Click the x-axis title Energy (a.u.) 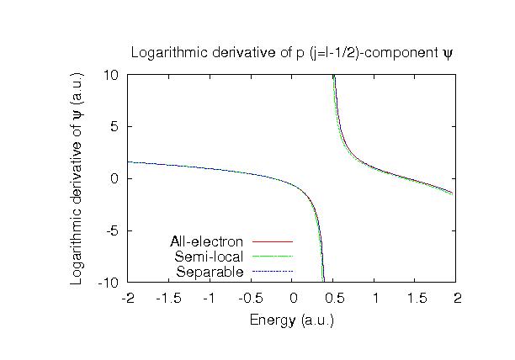(x=292, y=320)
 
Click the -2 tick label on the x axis (x=128, y=298)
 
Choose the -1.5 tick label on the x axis (x=169, y=298)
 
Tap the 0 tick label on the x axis (x=293, y=298)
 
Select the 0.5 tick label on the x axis (x=334, y=298)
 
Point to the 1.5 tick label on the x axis (x=417, y=298)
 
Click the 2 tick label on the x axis (x=458, y=298)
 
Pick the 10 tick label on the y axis (x=110, y=75)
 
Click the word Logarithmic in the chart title (x=166, y=54)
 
